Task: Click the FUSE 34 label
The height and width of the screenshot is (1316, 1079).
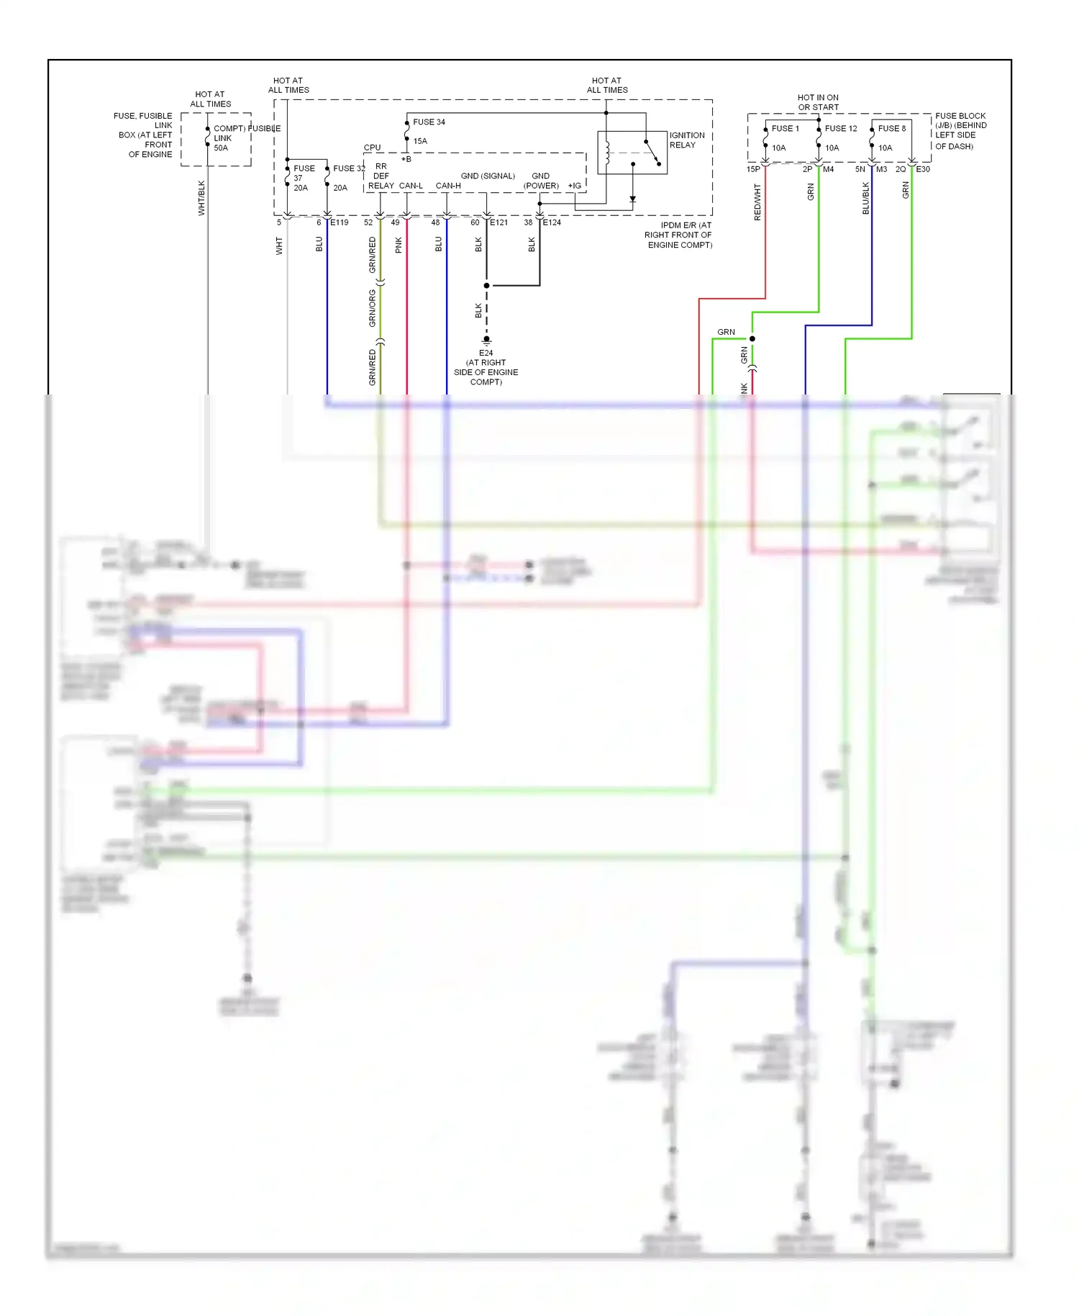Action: coord(429,122)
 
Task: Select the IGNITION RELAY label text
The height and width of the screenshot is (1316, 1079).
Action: coord(686,140)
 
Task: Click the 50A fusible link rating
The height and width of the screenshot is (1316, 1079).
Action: coord(221,148)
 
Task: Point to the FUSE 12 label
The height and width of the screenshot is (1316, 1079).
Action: coord(840,128)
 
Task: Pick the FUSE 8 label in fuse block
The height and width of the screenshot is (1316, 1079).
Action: coord(891,128)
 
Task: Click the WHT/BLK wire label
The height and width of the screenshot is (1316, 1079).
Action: coord(201,197)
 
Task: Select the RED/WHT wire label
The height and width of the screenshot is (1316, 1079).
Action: coord(757,202)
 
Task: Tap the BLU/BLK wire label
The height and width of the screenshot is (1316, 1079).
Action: coord(865,198)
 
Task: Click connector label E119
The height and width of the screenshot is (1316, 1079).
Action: coord(340,222)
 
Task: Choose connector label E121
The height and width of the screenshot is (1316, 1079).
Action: coord(498,222)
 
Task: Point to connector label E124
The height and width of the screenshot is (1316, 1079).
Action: coord(552,222)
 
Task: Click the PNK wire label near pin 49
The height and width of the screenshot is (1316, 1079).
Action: coord(399,245)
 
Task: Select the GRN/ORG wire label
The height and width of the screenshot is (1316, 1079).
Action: coord(372,308)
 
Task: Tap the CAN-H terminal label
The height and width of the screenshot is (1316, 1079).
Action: coord(448,186)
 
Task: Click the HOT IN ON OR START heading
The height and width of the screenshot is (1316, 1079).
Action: coord(818,102)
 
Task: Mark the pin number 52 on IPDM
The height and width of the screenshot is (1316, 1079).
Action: coord(368,222)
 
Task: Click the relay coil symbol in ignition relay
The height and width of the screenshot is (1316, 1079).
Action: coord(608,153)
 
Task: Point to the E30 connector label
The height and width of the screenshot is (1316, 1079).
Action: coord(922,169)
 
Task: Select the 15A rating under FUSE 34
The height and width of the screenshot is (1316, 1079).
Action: coord(420,141)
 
